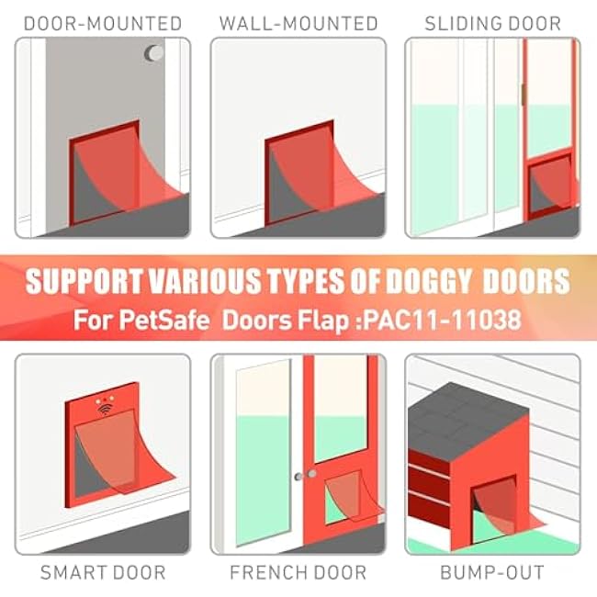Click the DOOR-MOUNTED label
click(103, 24)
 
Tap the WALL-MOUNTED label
click(298, 24)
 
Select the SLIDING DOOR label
click(492, 24)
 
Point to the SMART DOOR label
click(103, 572)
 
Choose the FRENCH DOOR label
click(298, 572)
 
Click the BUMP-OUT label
click(492, 572)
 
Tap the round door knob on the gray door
click(154, 53)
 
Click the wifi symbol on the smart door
click(106, 410)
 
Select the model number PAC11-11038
click(442, 320)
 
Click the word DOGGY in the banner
click(429, 281)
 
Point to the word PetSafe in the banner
click(164, 320)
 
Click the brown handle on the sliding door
click(524, 95)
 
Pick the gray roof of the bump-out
click(468, 419)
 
